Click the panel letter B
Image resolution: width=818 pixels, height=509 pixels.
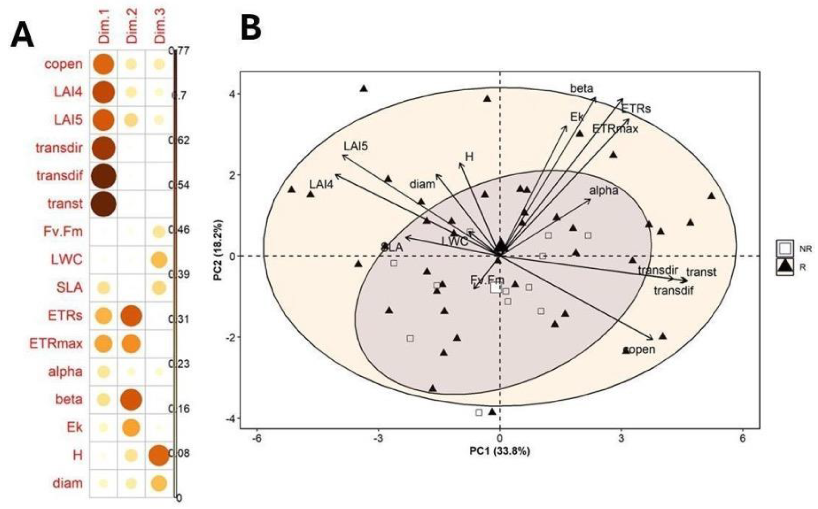coord(251,30)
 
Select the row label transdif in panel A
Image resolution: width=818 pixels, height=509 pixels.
coord(60,175)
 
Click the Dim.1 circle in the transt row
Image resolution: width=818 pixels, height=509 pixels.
coord(104,204)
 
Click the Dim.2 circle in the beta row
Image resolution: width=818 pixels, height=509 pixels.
coord(131,400)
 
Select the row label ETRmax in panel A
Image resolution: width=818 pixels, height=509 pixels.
coord(56,344)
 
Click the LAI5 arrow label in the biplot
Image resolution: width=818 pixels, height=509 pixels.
coord(356,146)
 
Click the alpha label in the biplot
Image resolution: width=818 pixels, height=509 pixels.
coord(604,191)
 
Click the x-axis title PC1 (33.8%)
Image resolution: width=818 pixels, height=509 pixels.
coord(500,451)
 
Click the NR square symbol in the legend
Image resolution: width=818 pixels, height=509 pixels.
coord(785,248)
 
